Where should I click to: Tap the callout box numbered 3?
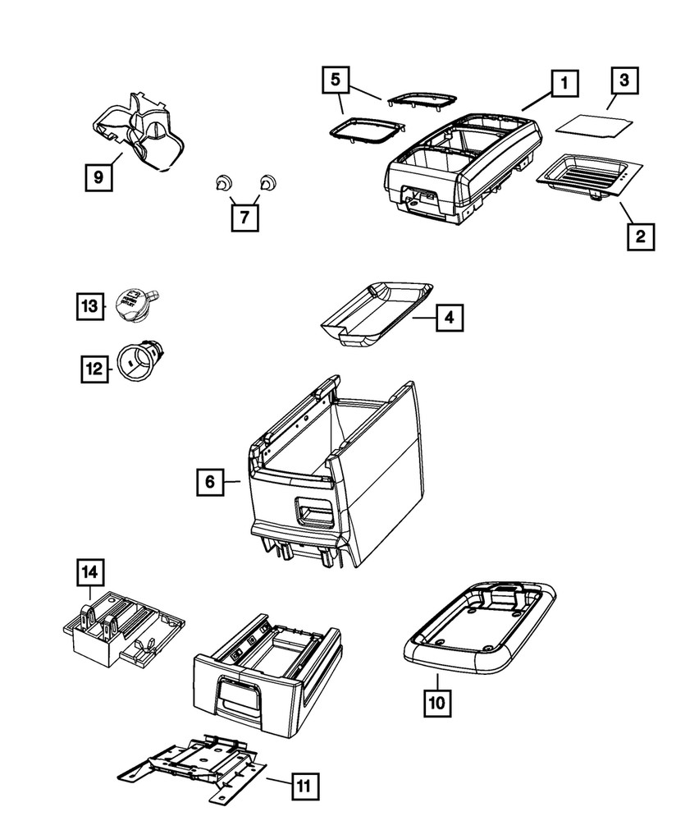coord(624,80)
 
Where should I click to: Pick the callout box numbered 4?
coord(449,316)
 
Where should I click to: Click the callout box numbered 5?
coord(335,80)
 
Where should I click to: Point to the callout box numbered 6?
coord(210,482)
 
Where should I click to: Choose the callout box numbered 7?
coord(244,218)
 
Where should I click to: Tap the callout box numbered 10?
coord(436,703)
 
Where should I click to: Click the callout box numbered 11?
coord(304,787)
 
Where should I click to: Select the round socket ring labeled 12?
coord(137,361)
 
